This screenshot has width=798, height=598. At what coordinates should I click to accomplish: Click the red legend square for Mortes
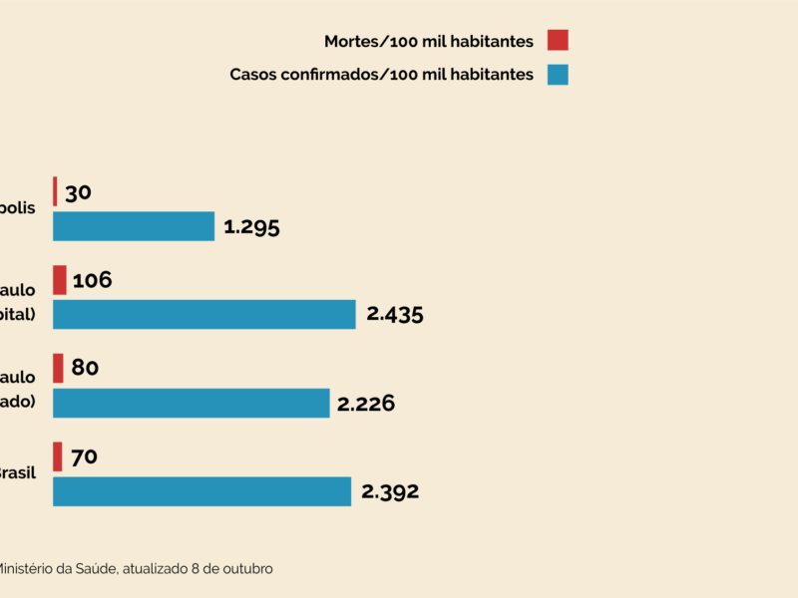coord(558,41)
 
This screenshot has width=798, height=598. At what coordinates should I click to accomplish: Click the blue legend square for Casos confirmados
coord(558,75)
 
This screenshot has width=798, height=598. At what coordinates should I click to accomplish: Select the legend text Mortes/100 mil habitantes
coord(429,41)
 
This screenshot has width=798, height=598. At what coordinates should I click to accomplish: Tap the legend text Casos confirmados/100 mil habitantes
coord(382,75)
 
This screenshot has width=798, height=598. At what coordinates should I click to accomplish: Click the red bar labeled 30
coord(55,191)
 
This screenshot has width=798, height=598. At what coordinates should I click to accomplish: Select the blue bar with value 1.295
coord(134,226)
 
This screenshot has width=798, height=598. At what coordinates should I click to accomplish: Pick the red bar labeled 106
coord(60,280)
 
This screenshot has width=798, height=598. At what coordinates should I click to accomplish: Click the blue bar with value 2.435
coord(204,314)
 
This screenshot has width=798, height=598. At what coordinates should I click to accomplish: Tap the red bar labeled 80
coord(58,368)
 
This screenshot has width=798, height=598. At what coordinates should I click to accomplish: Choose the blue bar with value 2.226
coord(192,403)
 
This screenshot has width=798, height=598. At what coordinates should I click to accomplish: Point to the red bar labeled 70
coord(58,456)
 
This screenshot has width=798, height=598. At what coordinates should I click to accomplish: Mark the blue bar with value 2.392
coord(202,491)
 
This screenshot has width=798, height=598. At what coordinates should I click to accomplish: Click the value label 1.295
coord(251,226)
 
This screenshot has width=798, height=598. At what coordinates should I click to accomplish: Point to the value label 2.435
coord(395,314)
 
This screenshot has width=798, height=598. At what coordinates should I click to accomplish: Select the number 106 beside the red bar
coord(92,280)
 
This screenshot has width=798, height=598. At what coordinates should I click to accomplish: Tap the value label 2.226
coord(366,403)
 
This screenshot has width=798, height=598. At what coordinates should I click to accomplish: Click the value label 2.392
coord(389,491)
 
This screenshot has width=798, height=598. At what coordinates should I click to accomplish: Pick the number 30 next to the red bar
coord(78,192)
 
